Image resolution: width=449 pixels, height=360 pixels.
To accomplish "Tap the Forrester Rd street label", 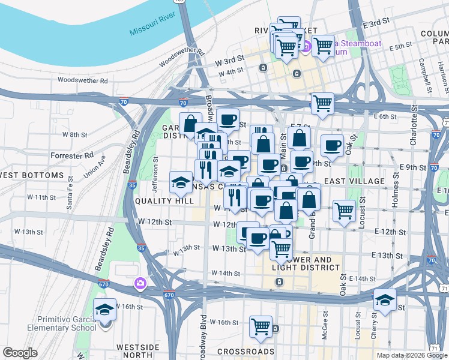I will pos(72,155).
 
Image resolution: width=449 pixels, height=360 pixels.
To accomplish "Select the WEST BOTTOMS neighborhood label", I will pos(32,175).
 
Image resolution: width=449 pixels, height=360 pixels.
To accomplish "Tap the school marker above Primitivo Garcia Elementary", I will pos(105,310).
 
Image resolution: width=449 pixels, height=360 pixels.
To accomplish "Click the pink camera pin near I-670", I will pos(140,283).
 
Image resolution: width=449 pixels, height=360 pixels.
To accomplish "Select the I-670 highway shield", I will pos(169,295).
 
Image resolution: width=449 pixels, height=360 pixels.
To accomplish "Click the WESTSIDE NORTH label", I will pos(137,352).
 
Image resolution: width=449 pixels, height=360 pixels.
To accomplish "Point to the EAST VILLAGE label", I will pos(353,181).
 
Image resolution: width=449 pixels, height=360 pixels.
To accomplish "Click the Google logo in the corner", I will pos(20,353).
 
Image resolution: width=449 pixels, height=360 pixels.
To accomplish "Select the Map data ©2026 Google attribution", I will pos(412,355).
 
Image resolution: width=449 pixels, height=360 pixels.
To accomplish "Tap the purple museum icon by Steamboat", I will pos(305,46).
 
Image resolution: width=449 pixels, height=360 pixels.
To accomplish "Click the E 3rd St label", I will pos(376,22).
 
